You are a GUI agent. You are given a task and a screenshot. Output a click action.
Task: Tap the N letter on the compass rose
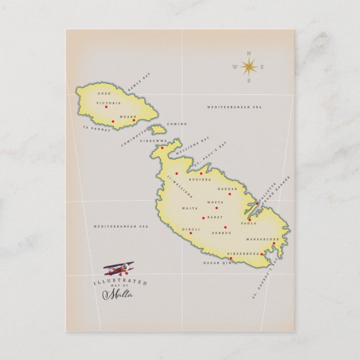pyautogui.click(x=248, y=54)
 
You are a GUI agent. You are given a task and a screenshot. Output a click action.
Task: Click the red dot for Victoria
pyautogui.click(x=106, y=107)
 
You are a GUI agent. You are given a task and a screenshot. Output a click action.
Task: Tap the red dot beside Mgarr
pyautogui.click(x=134, y=120)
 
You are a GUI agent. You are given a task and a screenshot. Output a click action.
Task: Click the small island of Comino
pyautogui.click(x=158, y=130)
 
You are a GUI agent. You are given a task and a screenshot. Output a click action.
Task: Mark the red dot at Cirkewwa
pyautogui.click(x=162, y=148)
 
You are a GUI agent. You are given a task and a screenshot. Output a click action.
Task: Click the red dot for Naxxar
pyautogui.click(x=229, y=194)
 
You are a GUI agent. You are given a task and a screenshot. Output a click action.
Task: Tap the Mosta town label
pyautogui.click(x=215, y=202)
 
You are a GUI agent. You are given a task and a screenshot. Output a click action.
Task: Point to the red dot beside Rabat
pyautogui.click(x=203, y=217)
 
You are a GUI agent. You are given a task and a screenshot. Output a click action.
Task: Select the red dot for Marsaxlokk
pyautogui.click(x=274, y=243)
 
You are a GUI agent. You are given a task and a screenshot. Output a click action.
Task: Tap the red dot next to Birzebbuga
pyautogui.click(x=262, y=254)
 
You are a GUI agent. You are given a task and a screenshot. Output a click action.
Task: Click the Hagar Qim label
pyautogui.click(x=216, y=262)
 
